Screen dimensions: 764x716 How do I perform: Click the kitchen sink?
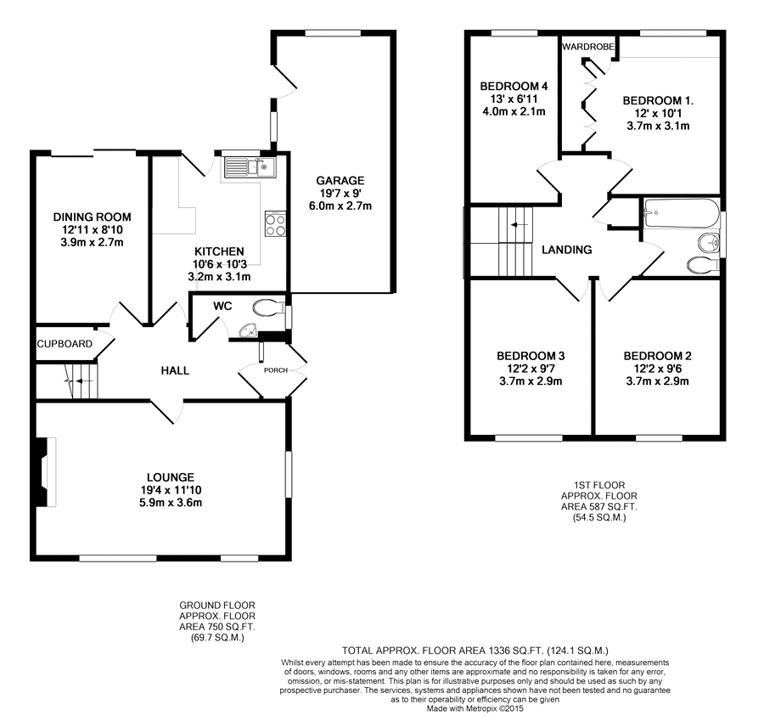pyautogui.click(x=250, y=167)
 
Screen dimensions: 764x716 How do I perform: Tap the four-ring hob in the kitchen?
pyautogui.click(x=275, y=223)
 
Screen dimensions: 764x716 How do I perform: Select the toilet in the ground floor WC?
pyautogui.click(x=269, y=307)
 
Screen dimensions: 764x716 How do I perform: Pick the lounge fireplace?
pyautogui.click(x=45, y=472)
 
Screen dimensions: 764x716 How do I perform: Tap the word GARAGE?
pyautogui.click(x=340, y=181)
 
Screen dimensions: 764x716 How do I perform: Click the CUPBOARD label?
pyautogui.click(x=65, y=344)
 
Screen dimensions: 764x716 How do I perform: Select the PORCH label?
pyautogui.click(x=276, y=370)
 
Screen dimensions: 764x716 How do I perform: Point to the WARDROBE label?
pyautogui.click(x=588, y=47)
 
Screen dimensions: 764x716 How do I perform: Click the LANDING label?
pyautogui.click(x=567, y=250)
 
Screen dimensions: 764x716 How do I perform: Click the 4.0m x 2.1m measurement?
pyautogui.click(x=514, y=111)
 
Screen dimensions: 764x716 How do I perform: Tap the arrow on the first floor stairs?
pyautogui.click(x=519, y=225)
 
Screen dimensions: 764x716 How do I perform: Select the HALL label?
pyautogui.click(x=175, y=371)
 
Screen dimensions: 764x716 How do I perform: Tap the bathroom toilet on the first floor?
pyautogui.click(x=704, y=265)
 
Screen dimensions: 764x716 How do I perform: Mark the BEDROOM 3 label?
pyautogui.click(x=531, y=356)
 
